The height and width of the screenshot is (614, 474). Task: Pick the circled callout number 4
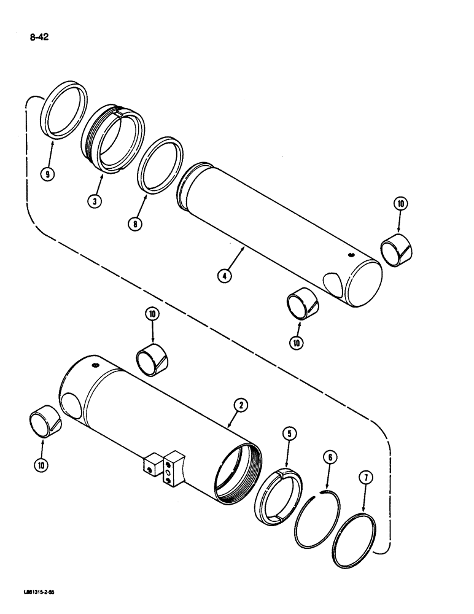[x=226, y=276]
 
